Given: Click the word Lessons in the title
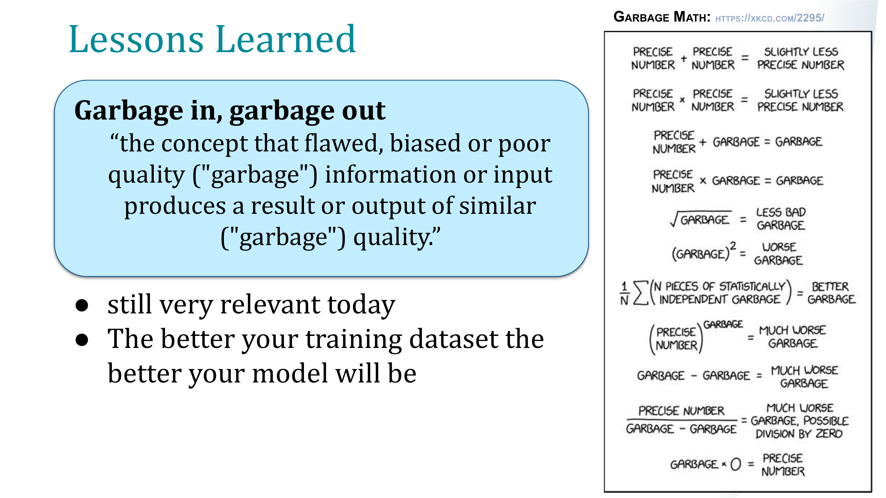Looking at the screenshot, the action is (136, 40).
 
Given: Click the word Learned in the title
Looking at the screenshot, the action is (286, 40).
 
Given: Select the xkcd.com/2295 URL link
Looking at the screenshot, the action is (770, 18).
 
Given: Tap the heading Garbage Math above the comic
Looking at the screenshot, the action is (662, 17).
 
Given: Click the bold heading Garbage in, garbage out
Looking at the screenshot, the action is (230, 111).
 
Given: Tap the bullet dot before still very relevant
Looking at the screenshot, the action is (82, 305).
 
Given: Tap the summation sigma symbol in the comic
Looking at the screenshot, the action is (641, 293).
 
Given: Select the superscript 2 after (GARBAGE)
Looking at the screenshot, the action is (733, 246).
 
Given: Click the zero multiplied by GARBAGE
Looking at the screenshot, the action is (736, 464).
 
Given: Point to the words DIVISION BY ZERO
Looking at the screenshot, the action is (799, 434).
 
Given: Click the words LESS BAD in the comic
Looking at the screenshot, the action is (781, 212).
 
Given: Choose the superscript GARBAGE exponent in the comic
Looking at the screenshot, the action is (723, 324).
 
